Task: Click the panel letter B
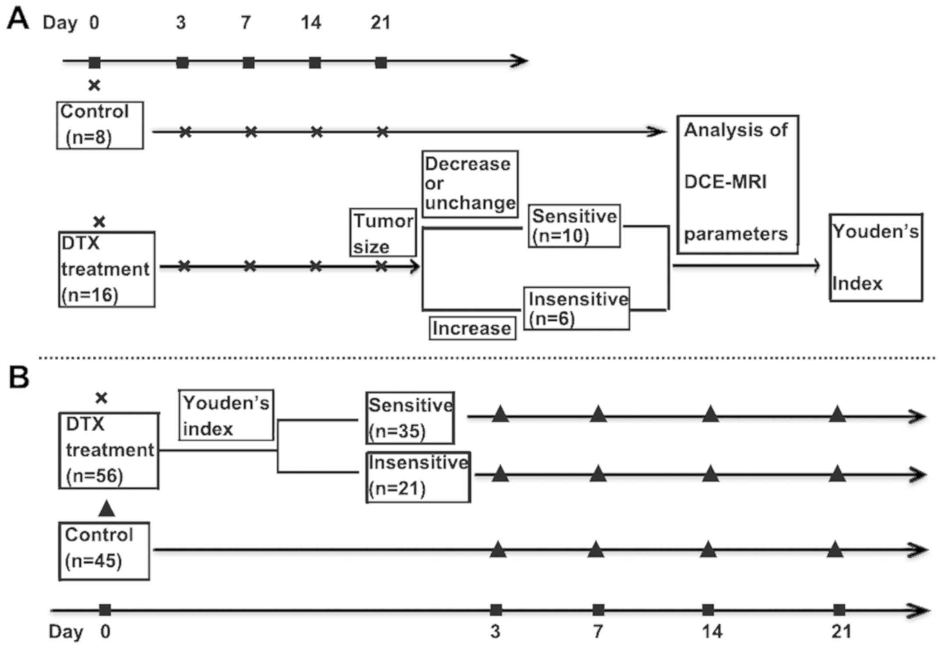point(19,378)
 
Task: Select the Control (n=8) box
point(100,125)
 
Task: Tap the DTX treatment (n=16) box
point(107,269)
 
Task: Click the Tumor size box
point(383,232)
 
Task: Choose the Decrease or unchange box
point(470,184)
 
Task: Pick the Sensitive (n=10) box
point(574,226)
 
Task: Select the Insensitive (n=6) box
point(577,308)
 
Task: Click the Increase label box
point(472,328)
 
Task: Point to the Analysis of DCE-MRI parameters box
point(737,184)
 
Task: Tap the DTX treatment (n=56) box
point(109,450)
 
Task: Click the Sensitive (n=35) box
point(410,418)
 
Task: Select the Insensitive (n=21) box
point(418,477)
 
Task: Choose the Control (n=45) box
point(104,551)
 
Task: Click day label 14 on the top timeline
point(311,22)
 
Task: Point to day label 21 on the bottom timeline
point(841,632)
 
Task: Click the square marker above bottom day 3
point(496,609)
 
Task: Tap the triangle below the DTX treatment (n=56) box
point(107,509)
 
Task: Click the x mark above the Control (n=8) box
point(94,85)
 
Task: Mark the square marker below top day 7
point(248,62)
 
